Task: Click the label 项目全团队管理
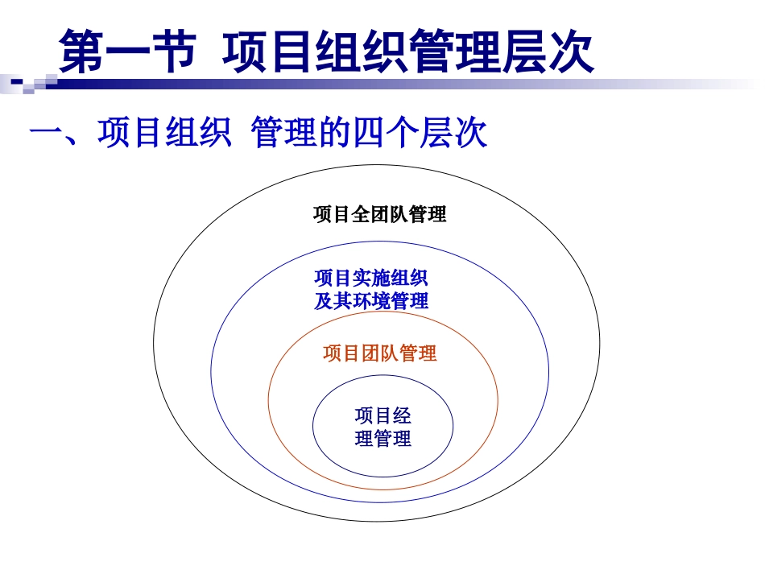[379, 215]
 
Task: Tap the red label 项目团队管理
[379, 353]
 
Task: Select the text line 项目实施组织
[370, 279]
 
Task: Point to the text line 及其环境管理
[370, 301]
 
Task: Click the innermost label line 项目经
[382, 416]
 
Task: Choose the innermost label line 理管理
[382, 440]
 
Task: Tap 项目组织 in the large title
[314, 52]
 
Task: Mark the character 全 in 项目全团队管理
[360, 215]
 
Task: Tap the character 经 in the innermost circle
[402, 416]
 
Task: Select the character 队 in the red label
[389, 353]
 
